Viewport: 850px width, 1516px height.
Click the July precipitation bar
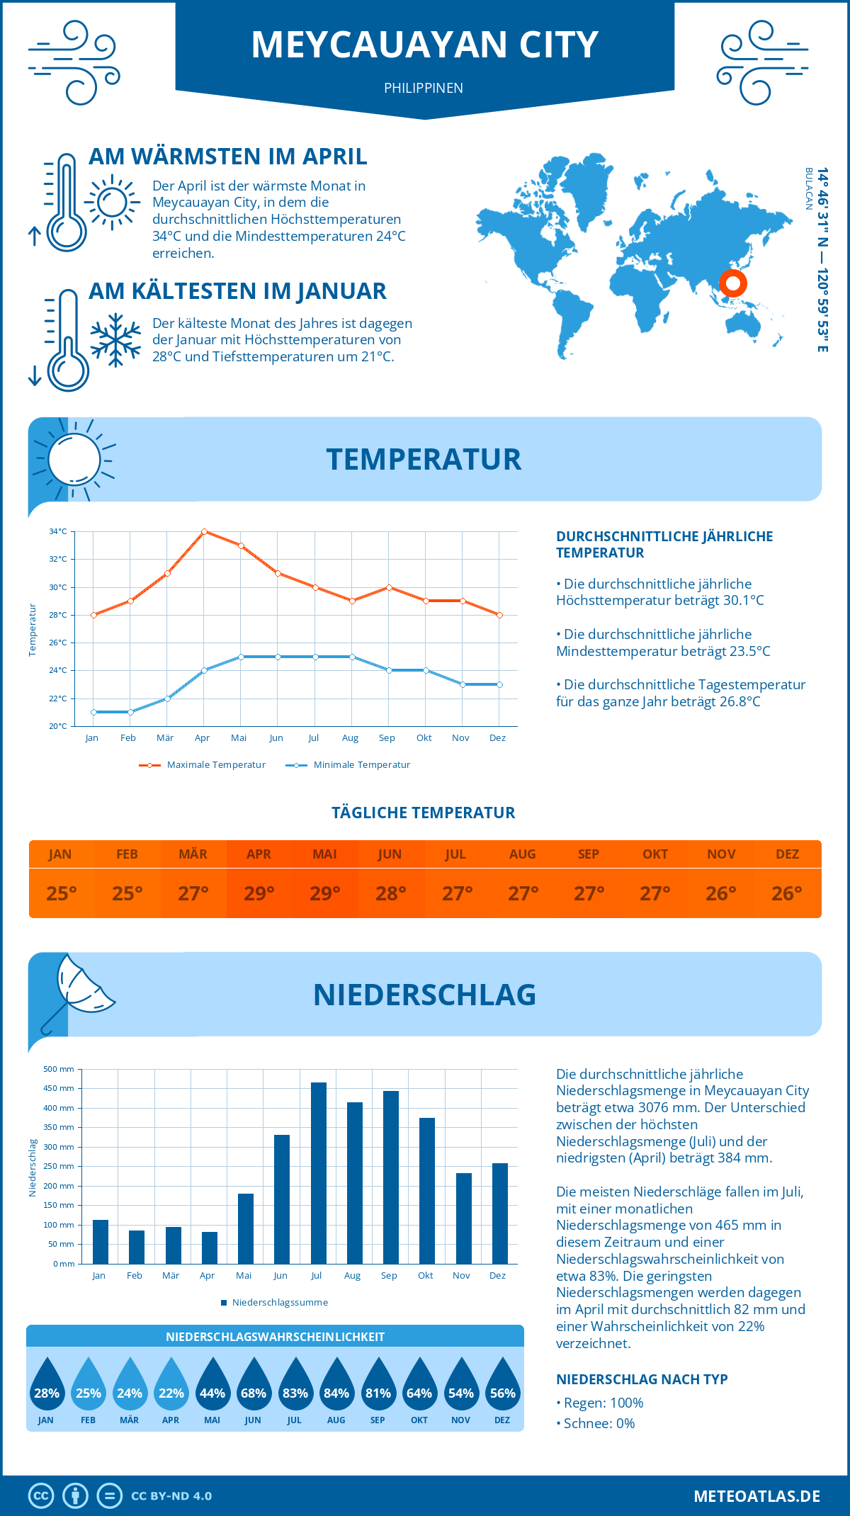[x=319, y=1172]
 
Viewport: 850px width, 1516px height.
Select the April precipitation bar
[x=210, y=1248]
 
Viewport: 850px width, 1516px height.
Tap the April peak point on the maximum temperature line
[x=204, y=531]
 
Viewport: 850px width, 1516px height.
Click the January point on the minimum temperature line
[x=93, y=712]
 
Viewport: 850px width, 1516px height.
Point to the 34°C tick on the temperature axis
[x=58, y=531]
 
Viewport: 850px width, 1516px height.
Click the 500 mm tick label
[x=59, y=1069]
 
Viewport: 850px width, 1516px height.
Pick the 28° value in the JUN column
[x=390, y=893]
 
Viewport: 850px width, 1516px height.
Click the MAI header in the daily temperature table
[x=324, y=854]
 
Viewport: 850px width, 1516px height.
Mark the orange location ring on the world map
[x=732, y=283]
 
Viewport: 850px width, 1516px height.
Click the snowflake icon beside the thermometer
[x=115, y=340]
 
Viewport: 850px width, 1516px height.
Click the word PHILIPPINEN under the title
[x=424, y=88]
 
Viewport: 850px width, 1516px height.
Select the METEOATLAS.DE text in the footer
[x=756, y=1496]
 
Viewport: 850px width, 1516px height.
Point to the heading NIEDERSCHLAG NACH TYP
[x=642, y=1379]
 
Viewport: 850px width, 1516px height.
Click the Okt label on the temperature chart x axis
[x=424, y=738]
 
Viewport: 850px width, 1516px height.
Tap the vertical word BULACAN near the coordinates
[x=808, y=189]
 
